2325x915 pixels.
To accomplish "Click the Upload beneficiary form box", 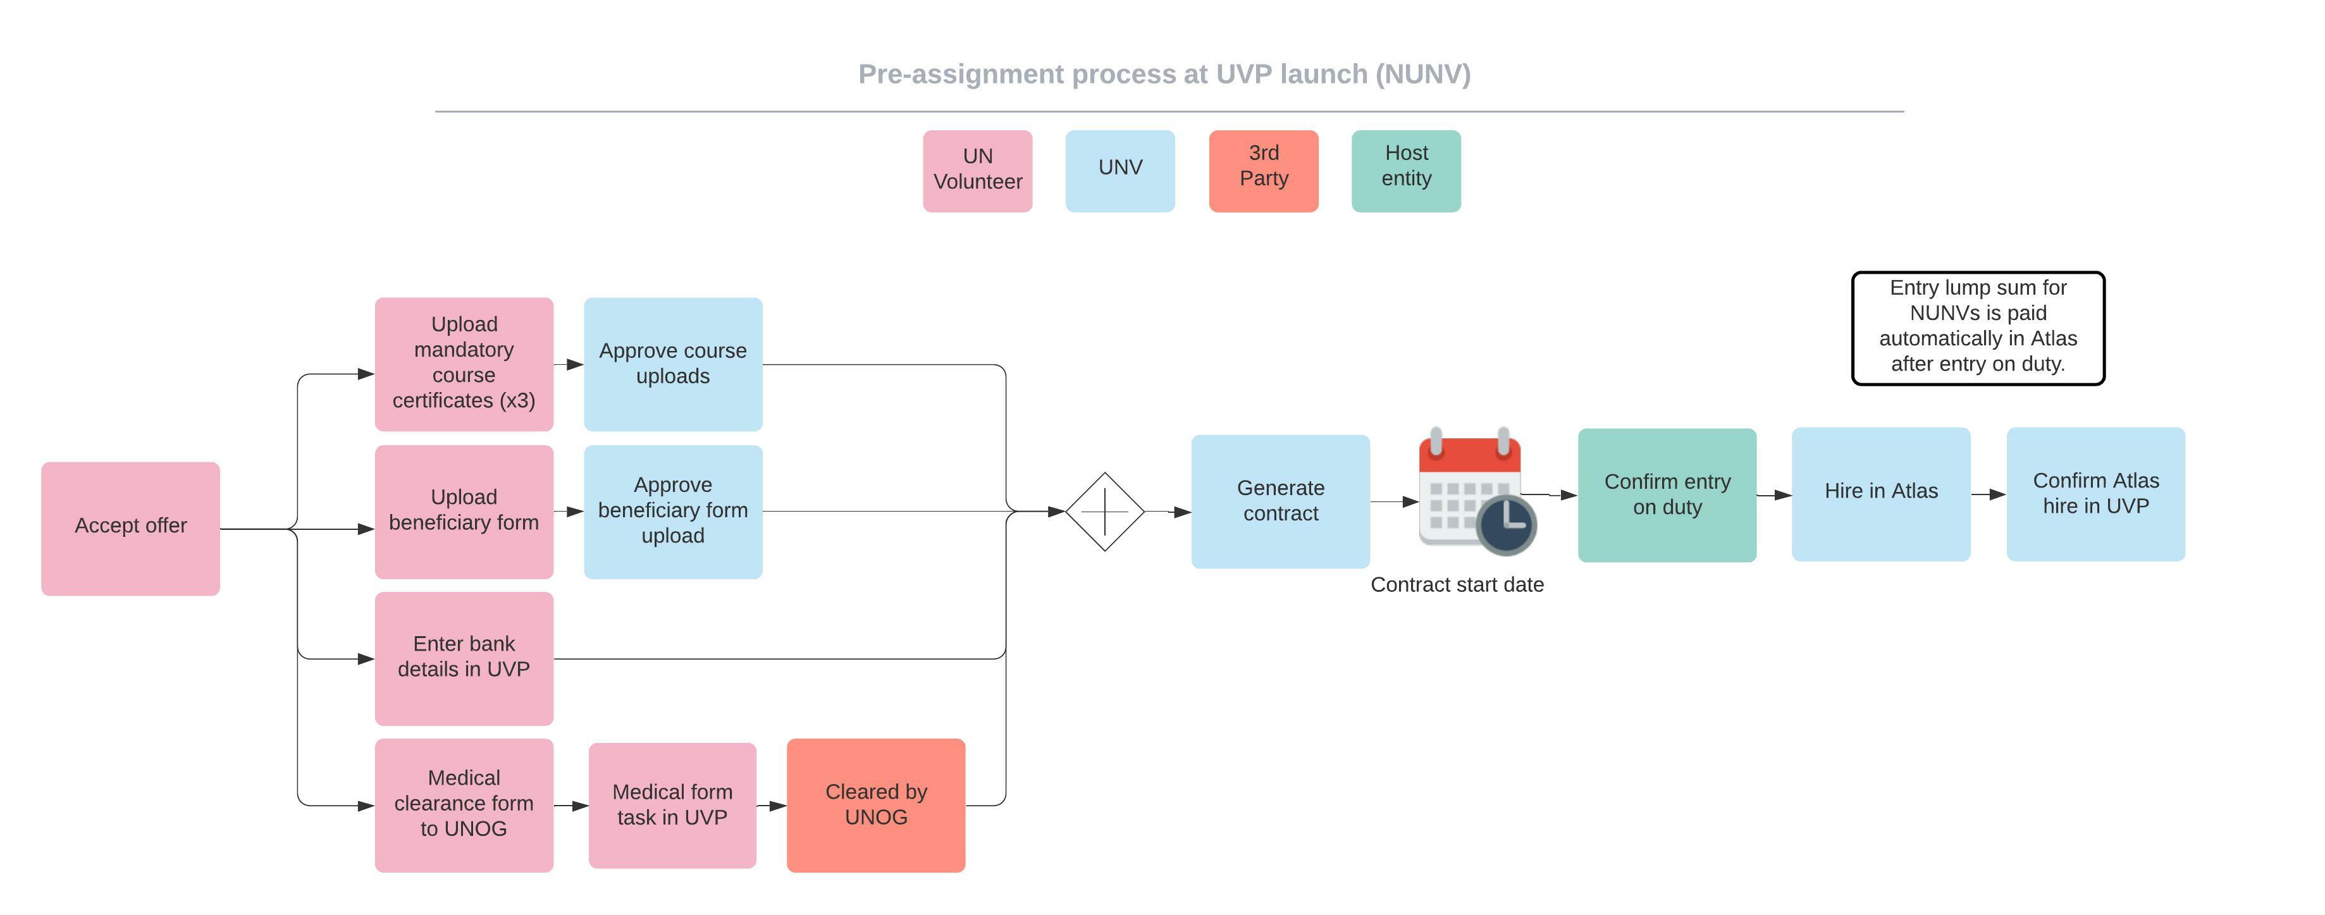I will [x=464, y=511].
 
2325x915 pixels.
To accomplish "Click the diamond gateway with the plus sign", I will [x=1105, y=511].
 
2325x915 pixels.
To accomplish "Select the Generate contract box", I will [x=1280, y=501].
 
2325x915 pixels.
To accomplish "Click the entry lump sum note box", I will [x=1978, y=328].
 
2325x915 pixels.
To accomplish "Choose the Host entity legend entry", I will [x=1405, y=171].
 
